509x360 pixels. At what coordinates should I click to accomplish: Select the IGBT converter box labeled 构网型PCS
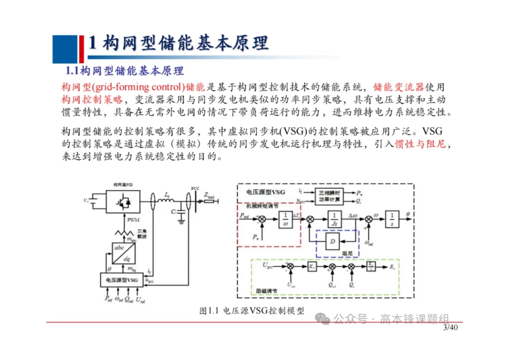click(123, 202)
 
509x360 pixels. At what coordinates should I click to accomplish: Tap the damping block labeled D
click(333, 243)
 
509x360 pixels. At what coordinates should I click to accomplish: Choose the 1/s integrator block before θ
click(392, 218)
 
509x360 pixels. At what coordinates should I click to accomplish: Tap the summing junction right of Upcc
click(290, 266)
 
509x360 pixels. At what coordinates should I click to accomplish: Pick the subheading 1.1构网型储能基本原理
click(124, 71)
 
